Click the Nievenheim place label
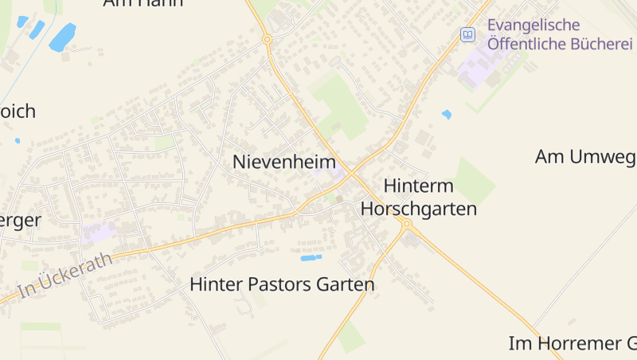(x=284, y=162)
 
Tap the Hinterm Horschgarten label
(x=419, y=198)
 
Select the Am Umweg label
(x=585, y=157)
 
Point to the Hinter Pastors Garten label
(x=282, y=284)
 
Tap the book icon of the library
(x=467, y=35)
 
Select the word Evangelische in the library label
(x=533, y=25)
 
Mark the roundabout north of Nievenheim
(x=268, y=38)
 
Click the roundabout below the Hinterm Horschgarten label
(x=406, y=225)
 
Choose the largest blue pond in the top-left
(x=62, y=37)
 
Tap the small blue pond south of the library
(x=447, y=115)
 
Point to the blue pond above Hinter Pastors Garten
(x=311, y=258)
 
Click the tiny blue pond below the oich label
(x=18, y=141)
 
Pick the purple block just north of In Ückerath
(x=99, y=233)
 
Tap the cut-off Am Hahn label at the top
(x=143, y=3)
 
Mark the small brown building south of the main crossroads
(x=339, y=198)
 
